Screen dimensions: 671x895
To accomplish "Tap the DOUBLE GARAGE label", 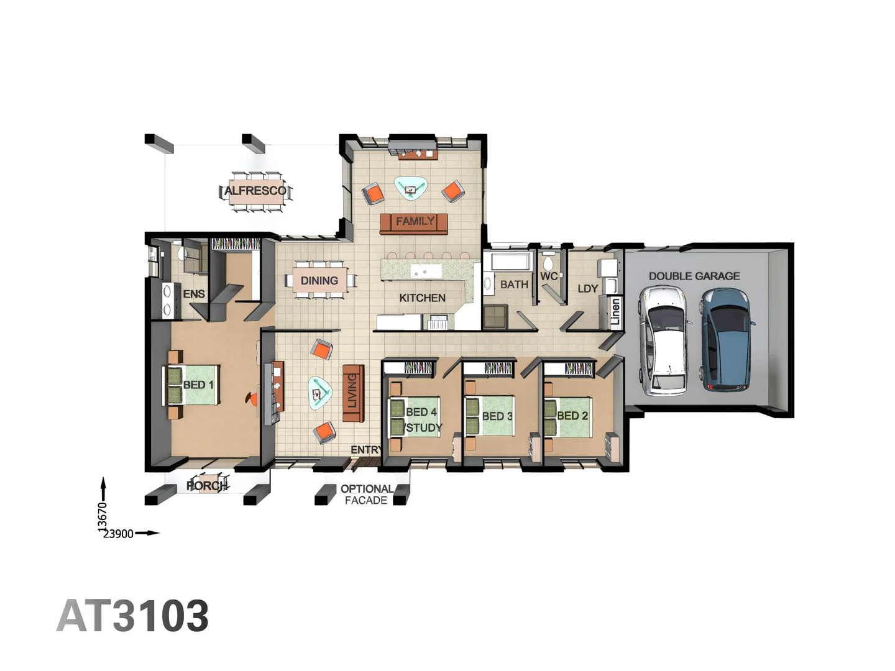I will [x=694, y=276].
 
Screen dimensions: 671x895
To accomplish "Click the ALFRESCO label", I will [x=255, y=191].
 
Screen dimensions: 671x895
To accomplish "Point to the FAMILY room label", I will [x=415, y=221].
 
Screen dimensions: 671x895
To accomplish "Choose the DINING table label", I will [x=319, y=281].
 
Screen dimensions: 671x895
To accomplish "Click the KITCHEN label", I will [x=422, y=298].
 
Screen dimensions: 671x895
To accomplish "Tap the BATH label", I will [x=514, y=285].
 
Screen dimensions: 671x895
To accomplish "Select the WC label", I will [x=548, y=276].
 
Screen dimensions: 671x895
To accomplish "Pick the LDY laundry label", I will [x=587, y=289].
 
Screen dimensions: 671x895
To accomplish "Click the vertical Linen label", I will [x=615, y=312].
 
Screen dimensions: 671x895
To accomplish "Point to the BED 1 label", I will [x=198, y=385].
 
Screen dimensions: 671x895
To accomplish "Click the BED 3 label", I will [x=497, y=416].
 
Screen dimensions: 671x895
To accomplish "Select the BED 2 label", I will [x=572, y=416].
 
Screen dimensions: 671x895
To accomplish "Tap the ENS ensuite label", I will [x=194, y=294].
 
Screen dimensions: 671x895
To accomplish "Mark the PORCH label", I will [x=207, y=485].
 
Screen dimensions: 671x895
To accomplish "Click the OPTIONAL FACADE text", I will [x=366, y=495].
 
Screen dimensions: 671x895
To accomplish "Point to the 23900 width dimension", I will [x=118, y=534].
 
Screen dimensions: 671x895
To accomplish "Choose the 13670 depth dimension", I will [x=103, y=517].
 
